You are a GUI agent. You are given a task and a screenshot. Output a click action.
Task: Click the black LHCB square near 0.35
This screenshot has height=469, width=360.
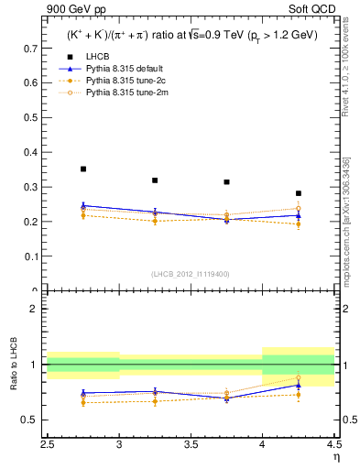tap(83, 169)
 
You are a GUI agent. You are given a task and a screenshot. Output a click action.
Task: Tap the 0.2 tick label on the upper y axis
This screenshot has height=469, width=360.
tap(32, 222)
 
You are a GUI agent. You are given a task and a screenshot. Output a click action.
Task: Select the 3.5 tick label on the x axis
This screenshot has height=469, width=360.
tap(191, 444)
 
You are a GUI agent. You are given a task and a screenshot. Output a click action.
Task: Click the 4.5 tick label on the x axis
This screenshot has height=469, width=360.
tap(333, 444)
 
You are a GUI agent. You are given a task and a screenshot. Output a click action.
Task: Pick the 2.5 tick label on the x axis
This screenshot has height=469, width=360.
tap(48, 444)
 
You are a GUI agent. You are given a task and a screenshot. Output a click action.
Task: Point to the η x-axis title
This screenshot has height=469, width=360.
tap(336, 456)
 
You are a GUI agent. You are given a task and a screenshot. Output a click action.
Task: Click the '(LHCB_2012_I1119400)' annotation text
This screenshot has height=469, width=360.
tap(191, 274)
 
